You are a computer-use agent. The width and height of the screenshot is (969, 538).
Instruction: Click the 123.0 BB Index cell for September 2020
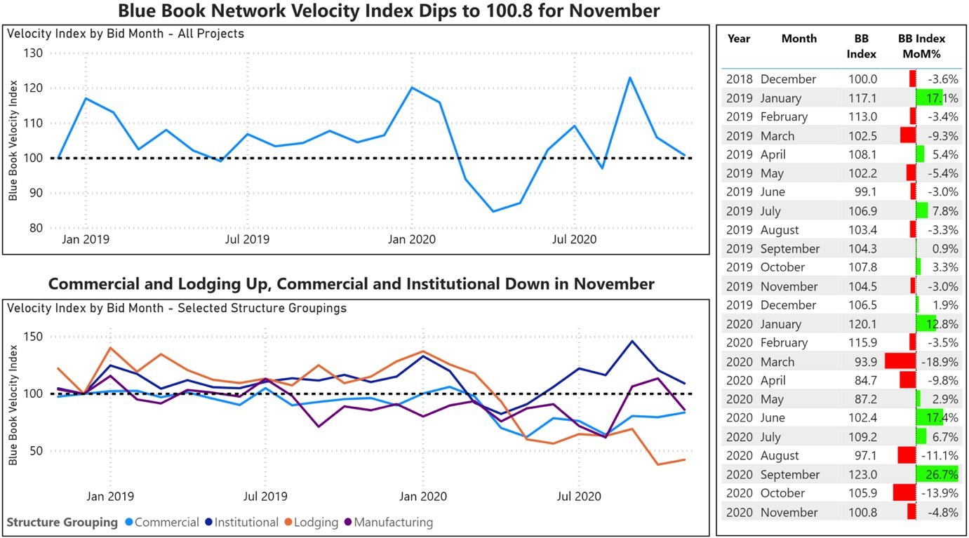point(862,475)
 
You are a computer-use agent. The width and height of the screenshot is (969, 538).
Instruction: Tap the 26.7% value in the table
point(942,475)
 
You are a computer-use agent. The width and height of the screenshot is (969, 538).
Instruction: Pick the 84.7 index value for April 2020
point(862,381)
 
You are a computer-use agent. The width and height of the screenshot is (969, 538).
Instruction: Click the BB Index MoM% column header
point(922,46)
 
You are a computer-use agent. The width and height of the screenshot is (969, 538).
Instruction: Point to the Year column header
point(739,39)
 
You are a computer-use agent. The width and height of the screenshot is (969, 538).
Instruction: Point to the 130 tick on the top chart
point(33,53)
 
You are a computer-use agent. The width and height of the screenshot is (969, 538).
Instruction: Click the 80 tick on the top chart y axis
point(36,228)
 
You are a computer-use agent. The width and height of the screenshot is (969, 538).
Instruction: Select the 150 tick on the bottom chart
point(33,337)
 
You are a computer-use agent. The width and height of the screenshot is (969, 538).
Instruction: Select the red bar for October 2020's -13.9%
point(904,493)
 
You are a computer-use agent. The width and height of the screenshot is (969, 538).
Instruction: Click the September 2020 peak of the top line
point(629,78)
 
